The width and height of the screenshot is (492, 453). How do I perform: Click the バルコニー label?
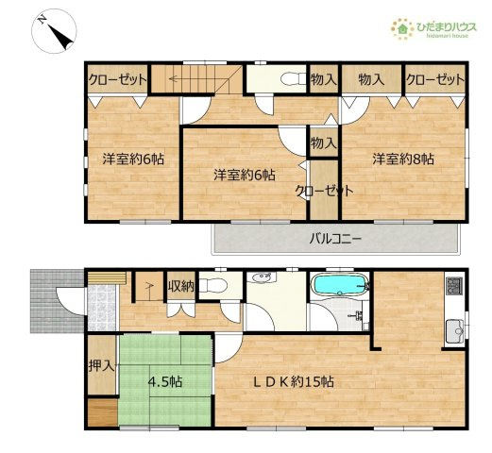(x=335, y=239)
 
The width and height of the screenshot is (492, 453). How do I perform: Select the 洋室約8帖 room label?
(x=402, y=159)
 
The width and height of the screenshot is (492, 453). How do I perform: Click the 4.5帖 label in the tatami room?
(x=165, y=383)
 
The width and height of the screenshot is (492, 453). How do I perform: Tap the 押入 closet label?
(x=101, y=366)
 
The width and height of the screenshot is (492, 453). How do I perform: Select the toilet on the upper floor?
(x=291, y=79)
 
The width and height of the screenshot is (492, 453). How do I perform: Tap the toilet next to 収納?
(x=214, y=286)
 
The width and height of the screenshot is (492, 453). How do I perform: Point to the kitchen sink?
(x=453, y=330)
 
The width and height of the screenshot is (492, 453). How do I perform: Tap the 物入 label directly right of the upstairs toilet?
(x=324, y=80)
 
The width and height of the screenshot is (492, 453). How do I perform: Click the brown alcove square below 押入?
(x=100, y=412)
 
